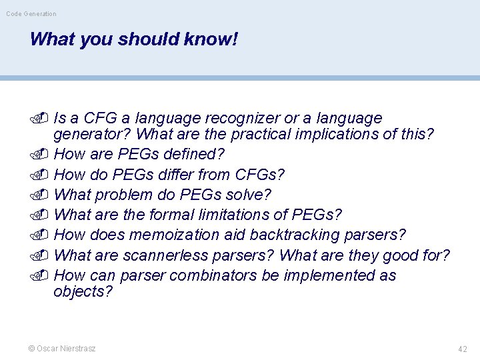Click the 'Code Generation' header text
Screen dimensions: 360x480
(31, 13)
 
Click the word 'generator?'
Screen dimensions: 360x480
(92, 135)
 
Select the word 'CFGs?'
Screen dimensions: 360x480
(260, 175)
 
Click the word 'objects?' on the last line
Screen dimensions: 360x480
(83, 292)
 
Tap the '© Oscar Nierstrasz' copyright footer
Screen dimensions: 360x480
(61, 348)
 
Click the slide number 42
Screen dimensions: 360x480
(463, 349)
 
